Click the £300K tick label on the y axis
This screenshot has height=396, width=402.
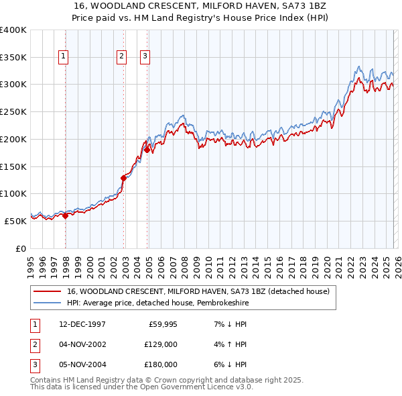13,85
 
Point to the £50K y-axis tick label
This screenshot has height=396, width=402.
15,221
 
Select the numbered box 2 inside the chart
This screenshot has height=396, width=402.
122,57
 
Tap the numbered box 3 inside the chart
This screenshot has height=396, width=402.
145,57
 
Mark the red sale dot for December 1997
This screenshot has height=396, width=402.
66,215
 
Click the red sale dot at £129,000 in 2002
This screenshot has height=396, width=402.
123,178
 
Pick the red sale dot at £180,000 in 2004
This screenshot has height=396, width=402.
147,150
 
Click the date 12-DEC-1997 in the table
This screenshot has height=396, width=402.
82,324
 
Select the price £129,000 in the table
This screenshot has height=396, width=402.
161,344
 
